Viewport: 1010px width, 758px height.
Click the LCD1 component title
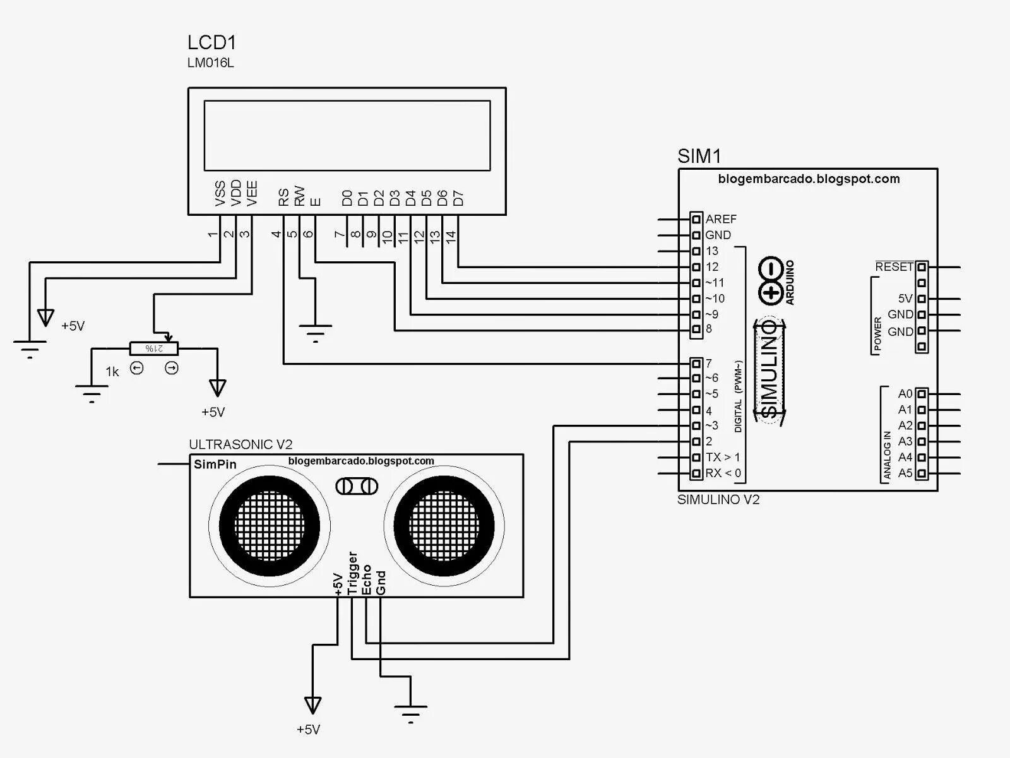tap(211, 43)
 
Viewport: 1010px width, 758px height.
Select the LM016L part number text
tap(211, 63)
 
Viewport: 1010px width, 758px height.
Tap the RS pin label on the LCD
tap(283, 198)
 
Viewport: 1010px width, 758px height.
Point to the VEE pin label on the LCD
tap(252, 194)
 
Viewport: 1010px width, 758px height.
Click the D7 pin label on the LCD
tap(458, 198)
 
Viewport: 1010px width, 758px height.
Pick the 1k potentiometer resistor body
tap(154, 348)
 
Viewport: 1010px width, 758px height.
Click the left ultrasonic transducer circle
tap(269, 526)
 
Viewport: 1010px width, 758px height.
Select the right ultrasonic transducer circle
tap(444, 526)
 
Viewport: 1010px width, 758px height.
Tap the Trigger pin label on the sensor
tap(352, 573)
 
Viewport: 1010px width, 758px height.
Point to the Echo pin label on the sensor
tap(367, 579)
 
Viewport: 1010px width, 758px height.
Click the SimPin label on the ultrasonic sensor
tap(215, 465)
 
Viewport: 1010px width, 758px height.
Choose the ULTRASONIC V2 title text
tap(241, 445)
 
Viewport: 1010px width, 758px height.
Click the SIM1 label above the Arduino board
tap(699, 157)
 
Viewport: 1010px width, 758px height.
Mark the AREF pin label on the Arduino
tap(721, 219)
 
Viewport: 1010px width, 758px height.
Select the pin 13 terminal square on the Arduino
tap(696, 251)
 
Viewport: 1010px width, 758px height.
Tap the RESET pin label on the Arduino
tap(894, 267)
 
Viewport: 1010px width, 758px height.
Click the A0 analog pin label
tap(905, 394)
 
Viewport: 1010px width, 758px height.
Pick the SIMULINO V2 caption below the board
tap(718, 500)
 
